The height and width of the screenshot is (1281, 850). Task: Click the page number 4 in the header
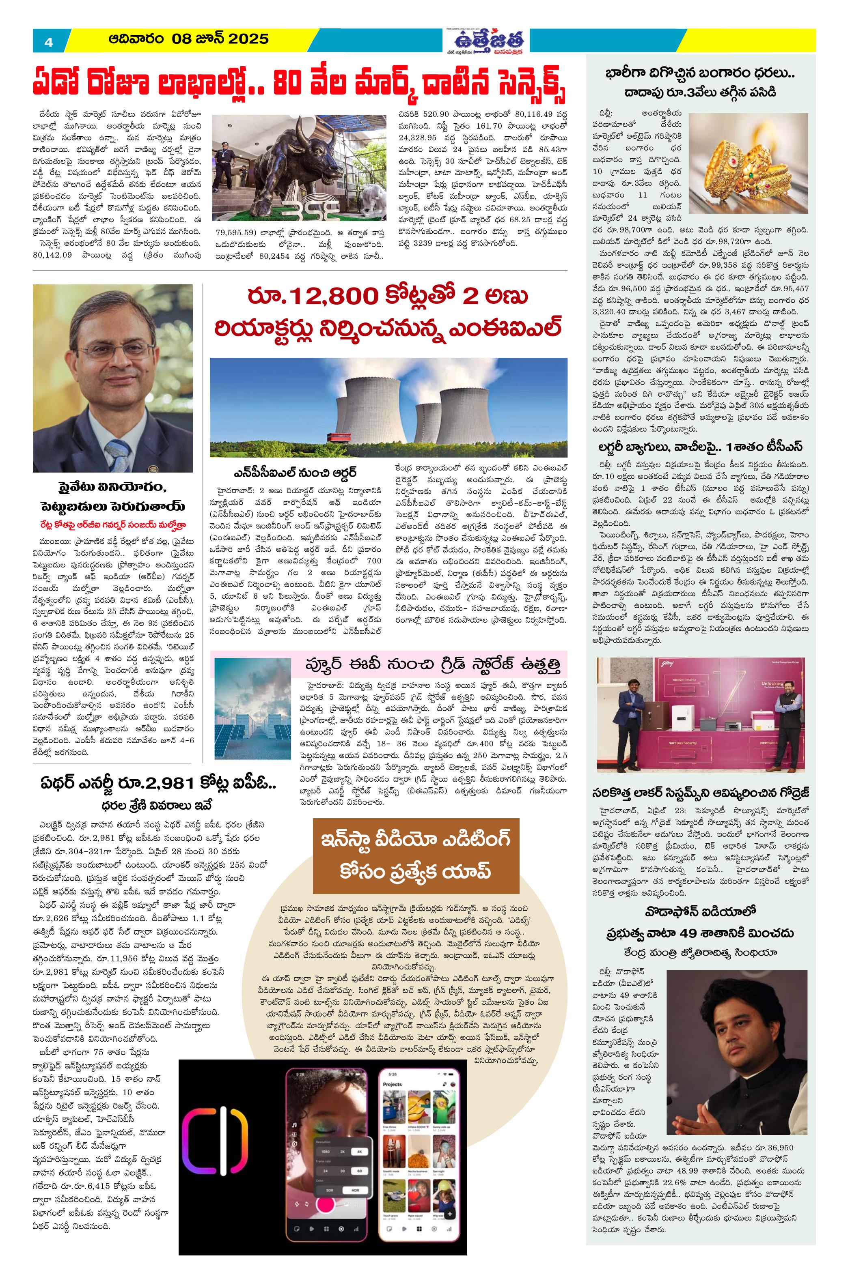click(x=49, y=42)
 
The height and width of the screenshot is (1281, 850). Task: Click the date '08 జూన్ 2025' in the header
click(x=220, y=39)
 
